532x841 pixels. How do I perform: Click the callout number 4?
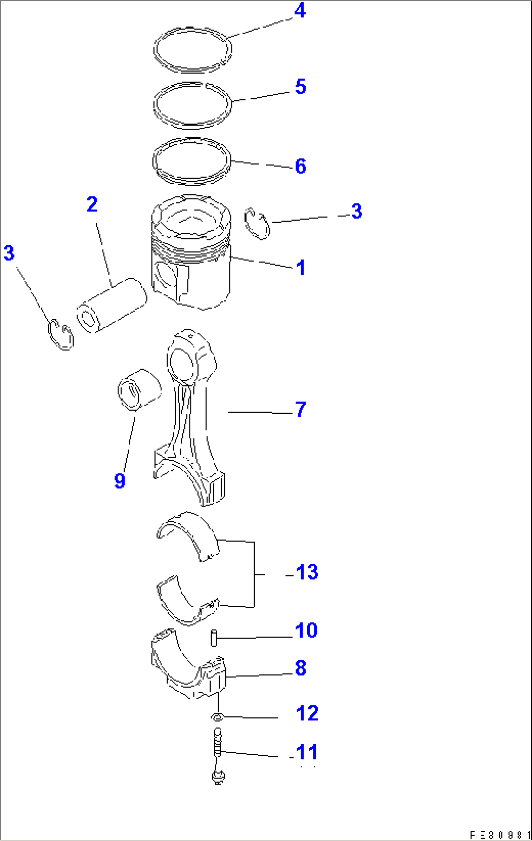pos(300,11)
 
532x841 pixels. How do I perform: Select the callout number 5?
pos(300,87)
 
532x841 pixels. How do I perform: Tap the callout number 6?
pos(300,166)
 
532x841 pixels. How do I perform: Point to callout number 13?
pos(307,572)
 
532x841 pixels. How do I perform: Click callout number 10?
pos(306,630)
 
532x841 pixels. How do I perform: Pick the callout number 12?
pos(307,713)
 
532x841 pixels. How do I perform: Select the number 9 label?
pos(120,481)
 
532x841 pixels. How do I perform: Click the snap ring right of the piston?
pos(258,224)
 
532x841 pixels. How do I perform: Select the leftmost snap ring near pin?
pos(61,335)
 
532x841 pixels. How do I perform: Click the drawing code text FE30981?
pos(499,835)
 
